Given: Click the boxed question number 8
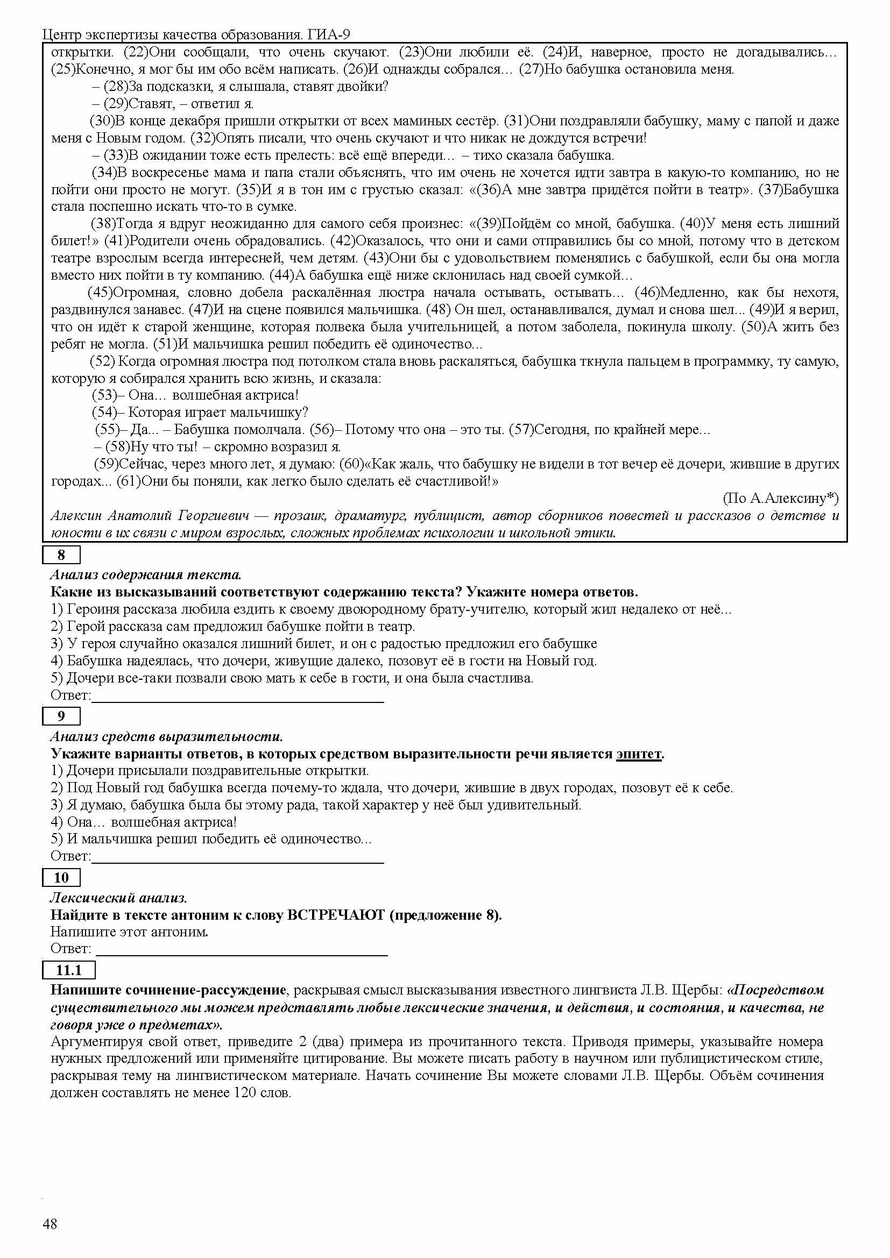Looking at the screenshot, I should (x=61, y=555).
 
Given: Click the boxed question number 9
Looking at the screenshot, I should (x=61, y=716).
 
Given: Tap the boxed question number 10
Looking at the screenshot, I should (x=61, y=877).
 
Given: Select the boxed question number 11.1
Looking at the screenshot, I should (x=68, y=970).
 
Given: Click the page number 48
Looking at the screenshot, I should (x=50, y=1224).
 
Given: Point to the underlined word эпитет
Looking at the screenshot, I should (x=639, y=754).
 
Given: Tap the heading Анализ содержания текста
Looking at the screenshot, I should (x=146, y=575).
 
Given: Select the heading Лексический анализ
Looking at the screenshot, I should (x=119, y=898).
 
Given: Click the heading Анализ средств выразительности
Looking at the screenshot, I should (x=167, y=736).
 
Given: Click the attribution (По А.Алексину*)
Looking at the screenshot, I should (x=780, y=498).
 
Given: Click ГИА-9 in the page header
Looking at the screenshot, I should (x=328, y=35).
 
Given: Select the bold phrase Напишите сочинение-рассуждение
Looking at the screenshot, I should (x=168, y=991).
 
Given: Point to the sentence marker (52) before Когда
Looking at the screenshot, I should (x=102, y=361).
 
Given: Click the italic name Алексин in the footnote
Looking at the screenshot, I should (x=76, y=516).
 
